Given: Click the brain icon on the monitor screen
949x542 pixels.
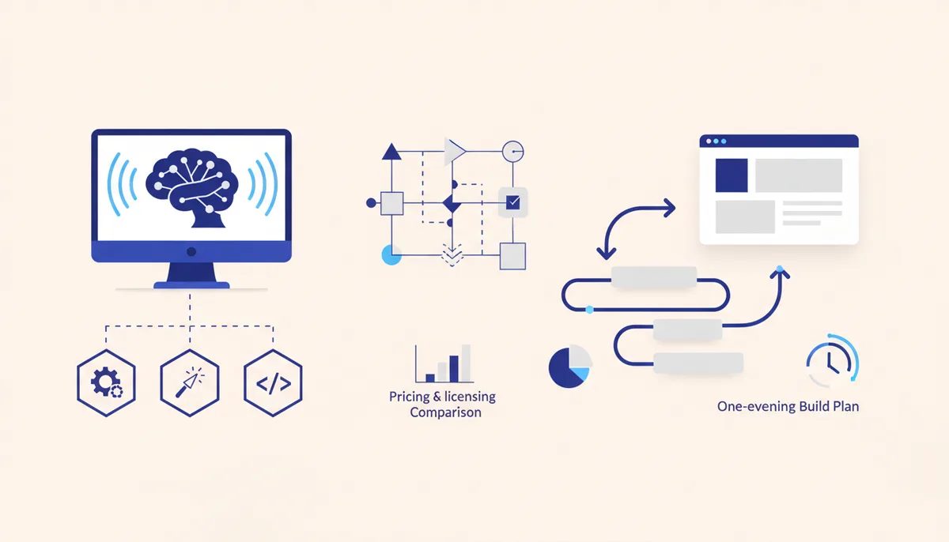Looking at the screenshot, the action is (191, 187).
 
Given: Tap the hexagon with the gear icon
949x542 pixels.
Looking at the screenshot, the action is (106, 383).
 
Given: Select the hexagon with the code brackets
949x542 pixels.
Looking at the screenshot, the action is (274, 383).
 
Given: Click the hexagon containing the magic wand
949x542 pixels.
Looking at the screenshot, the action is (190, 383).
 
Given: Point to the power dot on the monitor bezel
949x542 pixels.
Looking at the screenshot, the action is (191, 252).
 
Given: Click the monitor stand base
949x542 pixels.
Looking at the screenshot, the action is (191, 285).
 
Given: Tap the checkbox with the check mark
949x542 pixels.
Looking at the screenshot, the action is (513, 202).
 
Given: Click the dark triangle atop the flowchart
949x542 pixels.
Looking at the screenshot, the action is (391, 152).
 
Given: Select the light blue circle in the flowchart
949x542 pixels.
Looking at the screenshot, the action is (391, 254).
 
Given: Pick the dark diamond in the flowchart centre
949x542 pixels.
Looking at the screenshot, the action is (452, 203).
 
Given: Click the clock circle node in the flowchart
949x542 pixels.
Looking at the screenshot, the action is (513, 152).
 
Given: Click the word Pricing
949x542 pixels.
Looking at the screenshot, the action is (410, 397).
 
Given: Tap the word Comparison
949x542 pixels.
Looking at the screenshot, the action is (446, 412).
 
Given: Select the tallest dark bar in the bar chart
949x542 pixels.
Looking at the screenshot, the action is (454, 369).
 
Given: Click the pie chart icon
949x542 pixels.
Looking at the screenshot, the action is (570, 367).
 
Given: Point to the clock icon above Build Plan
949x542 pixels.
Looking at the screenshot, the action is (833, 360).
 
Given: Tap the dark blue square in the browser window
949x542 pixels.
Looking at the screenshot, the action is (732, 175).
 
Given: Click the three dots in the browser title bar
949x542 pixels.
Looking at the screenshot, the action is (716, 141).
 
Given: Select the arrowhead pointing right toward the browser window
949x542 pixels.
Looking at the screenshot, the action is (669, 208).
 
